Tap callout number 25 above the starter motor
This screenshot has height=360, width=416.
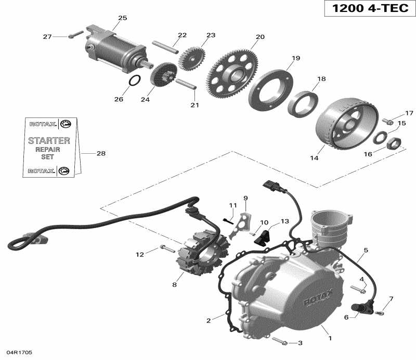click(122, 18)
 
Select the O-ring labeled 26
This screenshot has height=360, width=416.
click(134, 81)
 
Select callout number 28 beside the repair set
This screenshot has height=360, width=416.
click(101, 153)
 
